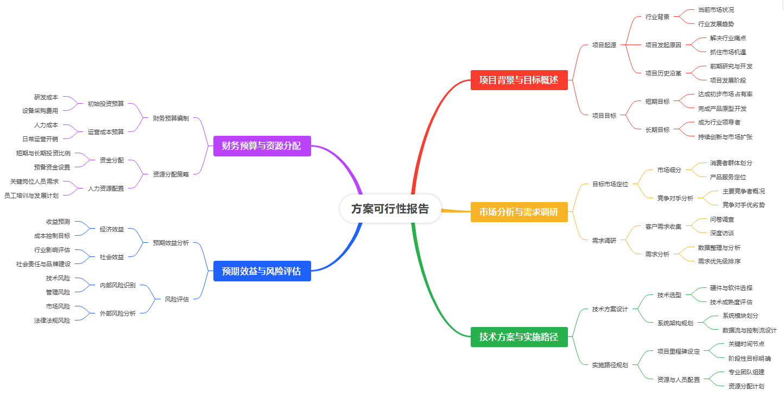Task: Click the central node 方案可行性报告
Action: pos(390,209)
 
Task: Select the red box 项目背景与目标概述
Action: pos(519,80)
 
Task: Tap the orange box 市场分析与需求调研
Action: pos(519,212)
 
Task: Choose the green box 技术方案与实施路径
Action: pos(519,337)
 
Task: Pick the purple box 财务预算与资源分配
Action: pos(262,146)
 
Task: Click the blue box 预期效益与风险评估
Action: pos(262,271)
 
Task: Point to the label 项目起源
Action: pos(604,45)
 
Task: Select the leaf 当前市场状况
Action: pos(716,10)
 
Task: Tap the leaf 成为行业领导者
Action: pos(719,122)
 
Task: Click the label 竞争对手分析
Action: pos(675,198)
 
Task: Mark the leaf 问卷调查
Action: pos(722,219)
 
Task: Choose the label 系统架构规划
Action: pos(675,323)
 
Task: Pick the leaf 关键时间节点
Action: pos(746,344)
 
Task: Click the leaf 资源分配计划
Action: pos(746,386)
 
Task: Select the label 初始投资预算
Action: pos(106,104)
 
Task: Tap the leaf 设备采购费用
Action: pos(40,111)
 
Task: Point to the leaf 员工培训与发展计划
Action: pos(31,196)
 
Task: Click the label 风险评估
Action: pos(177,299)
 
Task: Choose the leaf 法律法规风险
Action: pos(52,320)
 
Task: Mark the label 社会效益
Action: pos(112,257)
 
